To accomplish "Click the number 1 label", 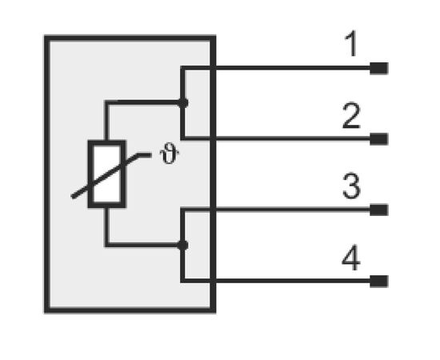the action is pyautogui.click(x=352, y=44).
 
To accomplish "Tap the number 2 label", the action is pyautogui.click(x=351, y=116).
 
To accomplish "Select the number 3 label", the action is pyautogui.click(x=351, y=186).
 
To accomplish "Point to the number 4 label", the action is pyautogui.click(x=351, y=258).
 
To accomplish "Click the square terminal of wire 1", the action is pyautogui.click(x=379, y=68).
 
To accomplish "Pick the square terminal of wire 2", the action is pyautogui.click(x=379, y=139).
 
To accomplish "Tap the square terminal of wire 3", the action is pyautogui.click(x=379, y=210).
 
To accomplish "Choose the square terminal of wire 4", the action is pyautogui.click(x=379, y=281).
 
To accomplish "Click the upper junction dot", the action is pyautogui.click(x=183, y=103).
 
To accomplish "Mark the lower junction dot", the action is pyautogui.click(x=183, y=246).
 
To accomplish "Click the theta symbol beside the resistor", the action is pyautogui.click(x=170, y=155).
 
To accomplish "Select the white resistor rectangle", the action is pyautogui.click(x=107, y=174).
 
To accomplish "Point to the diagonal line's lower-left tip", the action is pyautogui.click(x=72, y=197).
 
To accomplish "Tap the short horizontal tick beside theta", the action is pyautogui.click(x=145, y=154).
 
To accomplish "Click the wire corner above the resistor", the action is pyautogui.click(x=106, y=102).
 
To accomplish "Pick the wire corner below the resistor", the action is pyautogui.click(x=106, y=245).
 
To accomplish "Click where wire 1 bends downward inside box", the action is pyautogui.click(x=182, y=68).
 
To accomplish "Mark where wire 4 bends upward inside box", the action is pyautogui.click(x=182, y=281).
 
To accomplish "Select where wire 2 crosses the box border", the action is pyautogui.click(x=213, y=138).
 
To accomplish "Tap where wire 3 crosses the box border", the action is pyautogui.click(x=213, y=210).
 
